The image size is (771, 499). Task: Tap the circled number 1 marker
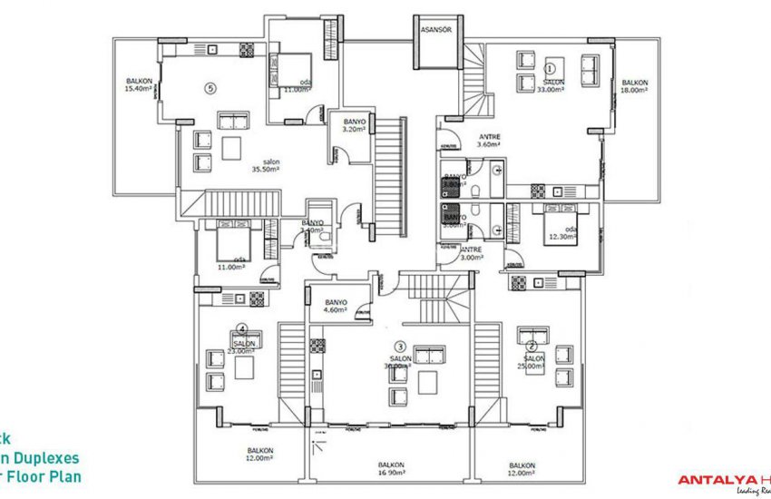point(550,67)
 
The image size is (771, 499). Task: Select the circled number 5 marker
point(210,88)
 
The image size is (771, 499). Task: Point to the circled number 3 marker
point(399,346)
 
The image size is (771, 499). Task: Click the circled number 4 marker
point(241,329)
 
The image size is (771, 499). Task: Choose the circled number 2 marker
point(532,345)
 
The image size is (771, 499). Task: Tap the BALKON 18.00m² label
point(635,86)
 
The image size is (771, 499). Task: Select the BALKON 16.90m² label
point(392,468)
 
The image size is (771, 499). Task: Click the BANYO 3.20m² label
point(353,124)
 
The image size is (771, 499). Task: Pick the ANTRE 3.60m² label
point(490,141)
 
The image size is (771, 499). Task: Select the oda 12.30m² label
point(561,234)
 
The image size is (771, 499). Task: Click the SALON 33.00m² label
point(551,86)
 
